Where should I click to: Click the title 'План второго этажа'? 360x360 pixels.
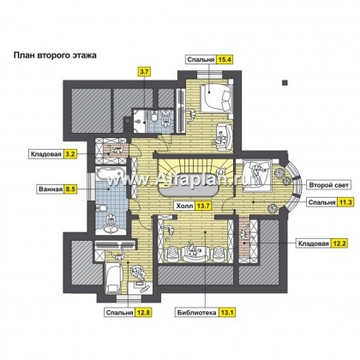coord(55,55)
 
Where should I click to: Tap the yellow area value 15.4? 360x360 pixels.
coord(225,60)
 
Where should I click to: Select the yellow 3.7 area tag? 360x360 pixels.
coord(144,72)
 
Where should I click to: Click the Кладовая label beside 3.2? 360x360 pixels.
coord(45,154)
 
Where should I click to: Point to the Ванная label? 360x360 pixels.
coord(51,189)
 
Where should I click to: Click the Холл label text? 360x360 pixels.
coord(183,206)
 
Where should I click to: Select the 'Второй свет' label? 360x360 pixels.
coord(329,185)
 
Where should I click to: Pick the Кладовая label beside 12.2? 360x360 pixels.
coord(313,243)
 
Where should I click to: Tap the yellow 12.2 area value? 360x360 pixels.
coord(339,243)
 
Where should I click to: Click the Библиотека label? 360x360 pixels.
coord(195,313)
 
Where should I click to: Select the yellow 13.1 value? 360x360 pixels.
coord(226,313)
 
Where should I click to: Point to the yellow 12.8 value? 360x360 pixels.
coord(143,313)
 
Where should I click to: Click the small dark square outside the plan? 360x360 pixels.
coord(285,82)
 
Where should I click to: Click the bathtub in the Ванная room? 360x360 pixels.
coord(111,175)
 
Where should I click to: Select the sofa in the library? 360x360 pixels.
coord(195,253)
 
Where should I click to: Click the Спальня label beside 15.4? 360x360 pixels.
coord(201,60)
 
